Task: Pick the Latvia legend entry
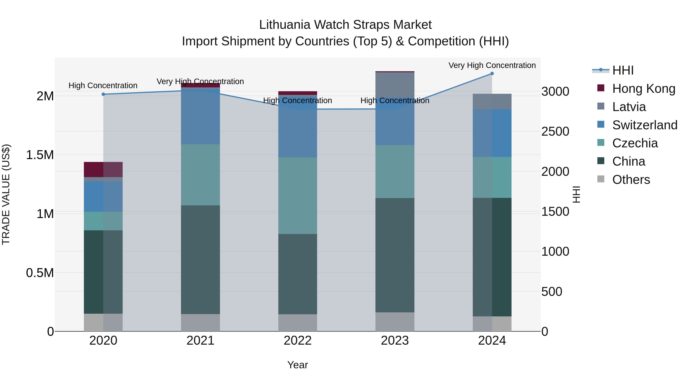coord(629,107)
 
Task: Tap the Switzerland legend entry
coord(645,125)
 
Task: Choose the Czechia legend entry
coord(635,143)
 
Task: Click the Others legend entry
coord(631,180)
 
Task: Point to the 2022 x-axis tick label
coord(298,341)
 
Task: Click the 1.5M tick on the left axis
coord(40,155)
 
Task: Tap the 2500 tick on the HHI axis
coord(555,132)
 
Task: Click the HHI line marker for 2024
coord(492,74)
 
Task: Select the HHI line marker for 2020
coord(103,94)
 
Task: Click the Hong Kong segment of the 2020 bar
coord(103,169)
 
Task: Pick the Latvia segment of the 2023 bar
coord(395,86)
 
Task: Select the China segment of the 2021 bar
coord(200,260)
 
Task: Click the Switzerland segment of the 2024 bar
coord(492,133)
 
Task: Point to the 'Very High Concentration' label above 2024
coord(492,65)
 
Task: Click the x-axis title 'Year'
coord(298,365)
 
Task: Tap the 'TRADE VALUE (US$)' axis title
coord(6,194)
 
